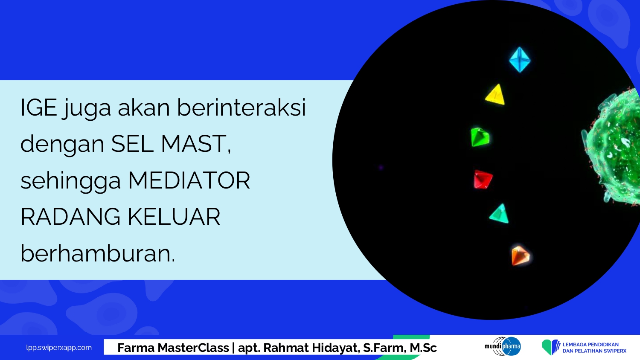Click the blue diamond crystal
520,60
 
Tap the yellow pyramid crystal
495,95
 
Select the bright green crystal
480,137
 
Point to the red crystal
483,180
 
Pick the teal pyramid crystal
499,214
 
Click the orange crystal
520,256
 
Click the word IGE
39,108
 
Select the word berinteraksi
241,107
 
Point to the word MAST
196,144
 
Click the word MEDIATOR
189,180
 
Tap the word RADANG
70,217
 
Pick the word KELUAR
174,217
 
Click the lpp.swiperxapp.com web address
59,348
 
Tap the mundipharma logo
503,346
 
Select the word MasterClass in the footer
193,348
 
